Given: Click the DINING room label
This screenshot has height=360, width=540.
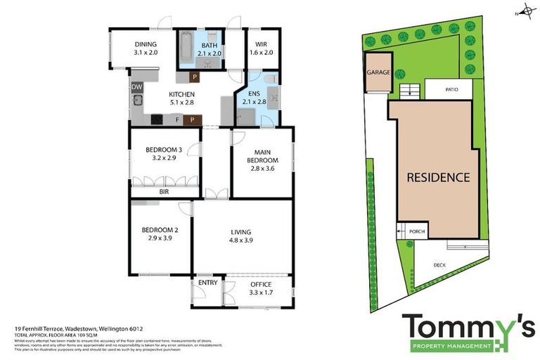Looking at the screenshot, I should pos(146,48).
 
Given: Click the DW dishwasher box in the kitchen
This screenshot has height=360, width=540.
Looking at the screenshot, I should pos(136,87).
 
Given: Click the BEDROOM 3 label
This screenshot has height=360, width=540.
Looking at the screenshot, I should pos(164,153).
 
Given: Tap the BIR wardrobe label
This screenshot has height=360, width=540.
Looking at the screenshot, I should pos(164,191).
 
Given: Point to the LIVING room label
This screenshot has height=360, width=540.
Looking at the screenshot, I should pos(241,236).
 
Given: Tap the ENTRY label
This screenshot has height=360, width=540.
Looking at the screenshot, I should pos(207,283).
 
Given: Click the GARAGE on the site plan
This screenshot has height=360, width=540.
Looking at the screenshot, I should pos(378,72).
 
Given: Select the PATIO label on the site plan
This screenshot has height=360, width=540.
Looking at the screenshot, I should pos(452,89).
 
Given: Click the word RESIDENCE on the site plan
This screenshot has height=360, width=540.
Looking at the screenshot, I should pos(438,177).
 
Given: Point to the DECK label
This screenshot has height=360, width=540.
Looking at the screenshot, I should pos(439,265).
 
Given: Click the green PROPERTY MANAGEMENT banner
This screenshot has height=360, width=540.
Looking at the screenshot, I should pos(451,346).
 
